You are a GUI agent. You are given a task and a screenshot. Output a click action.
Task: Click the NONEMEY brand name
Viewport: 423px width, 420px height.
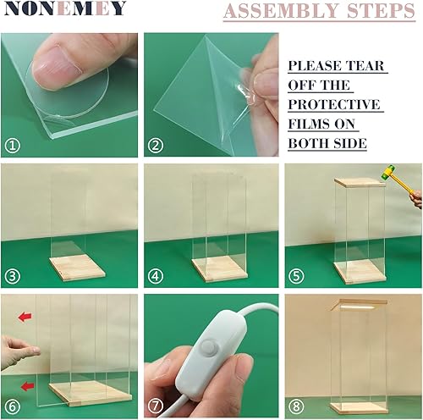click(64, 10)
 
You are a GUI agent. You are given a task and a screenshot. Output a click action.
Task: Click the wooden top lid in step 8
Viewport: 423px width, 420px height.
click(354, 303)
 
